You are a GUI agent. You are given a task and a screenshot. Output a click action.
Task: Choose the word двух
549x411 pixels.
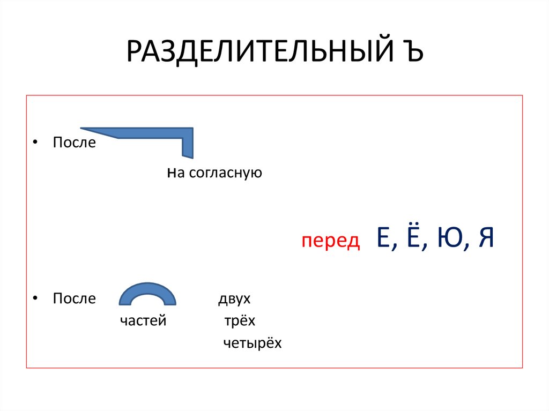pyautogui.click(x=234, y=298)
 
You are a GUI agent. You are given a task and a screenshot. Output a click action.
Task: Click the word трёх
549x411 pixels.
pyautogui.click(x=240, y=321)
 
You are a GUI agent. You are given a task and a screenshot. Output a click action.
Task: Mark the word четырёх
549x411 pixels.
pyautogui.click(x=252, y=343)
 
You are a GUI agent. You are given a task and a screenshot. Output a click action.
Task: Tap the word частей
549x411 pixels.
pyautogui.click(x=143, y=321)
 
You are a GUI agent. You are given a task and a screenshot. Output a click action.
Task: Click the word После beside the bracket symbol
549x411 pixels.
pyautogui.click(x=74, y=143)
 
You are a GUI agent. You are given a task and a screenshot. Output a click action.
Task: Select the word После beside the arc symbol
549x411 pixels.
pyautogui.click(x=74, y=298)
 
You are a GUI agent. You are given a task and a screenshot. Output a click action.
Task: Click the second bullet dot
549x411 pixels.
pyautogui.click(x=35, y=298)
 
